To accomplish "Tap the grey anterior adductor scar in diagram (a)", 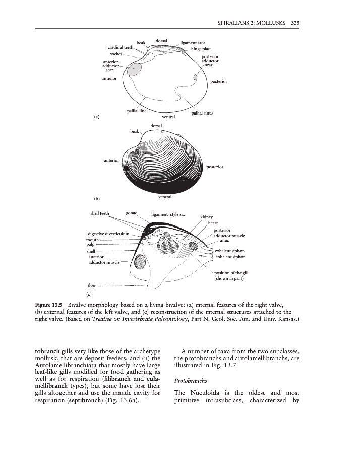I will pyautogui.click(x=135, y=70).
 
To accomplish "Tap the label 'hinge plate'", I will pyautogui.click(x=200, y=49).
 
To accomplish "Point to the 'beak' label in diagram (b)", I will pyautogui.click(x=135, y=131).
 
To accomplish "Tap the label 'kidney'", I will pyautogui.click(x=207, y=217).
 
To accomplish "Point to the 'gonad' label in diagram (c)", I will pyautogui.click(x=132, y=213).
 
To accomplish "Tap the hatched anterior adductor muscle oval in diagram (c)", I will pyautogui.click(x=139, y=263).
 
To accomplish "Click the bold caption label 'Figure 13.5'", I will pyautogui.click(x=48, y=306).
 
